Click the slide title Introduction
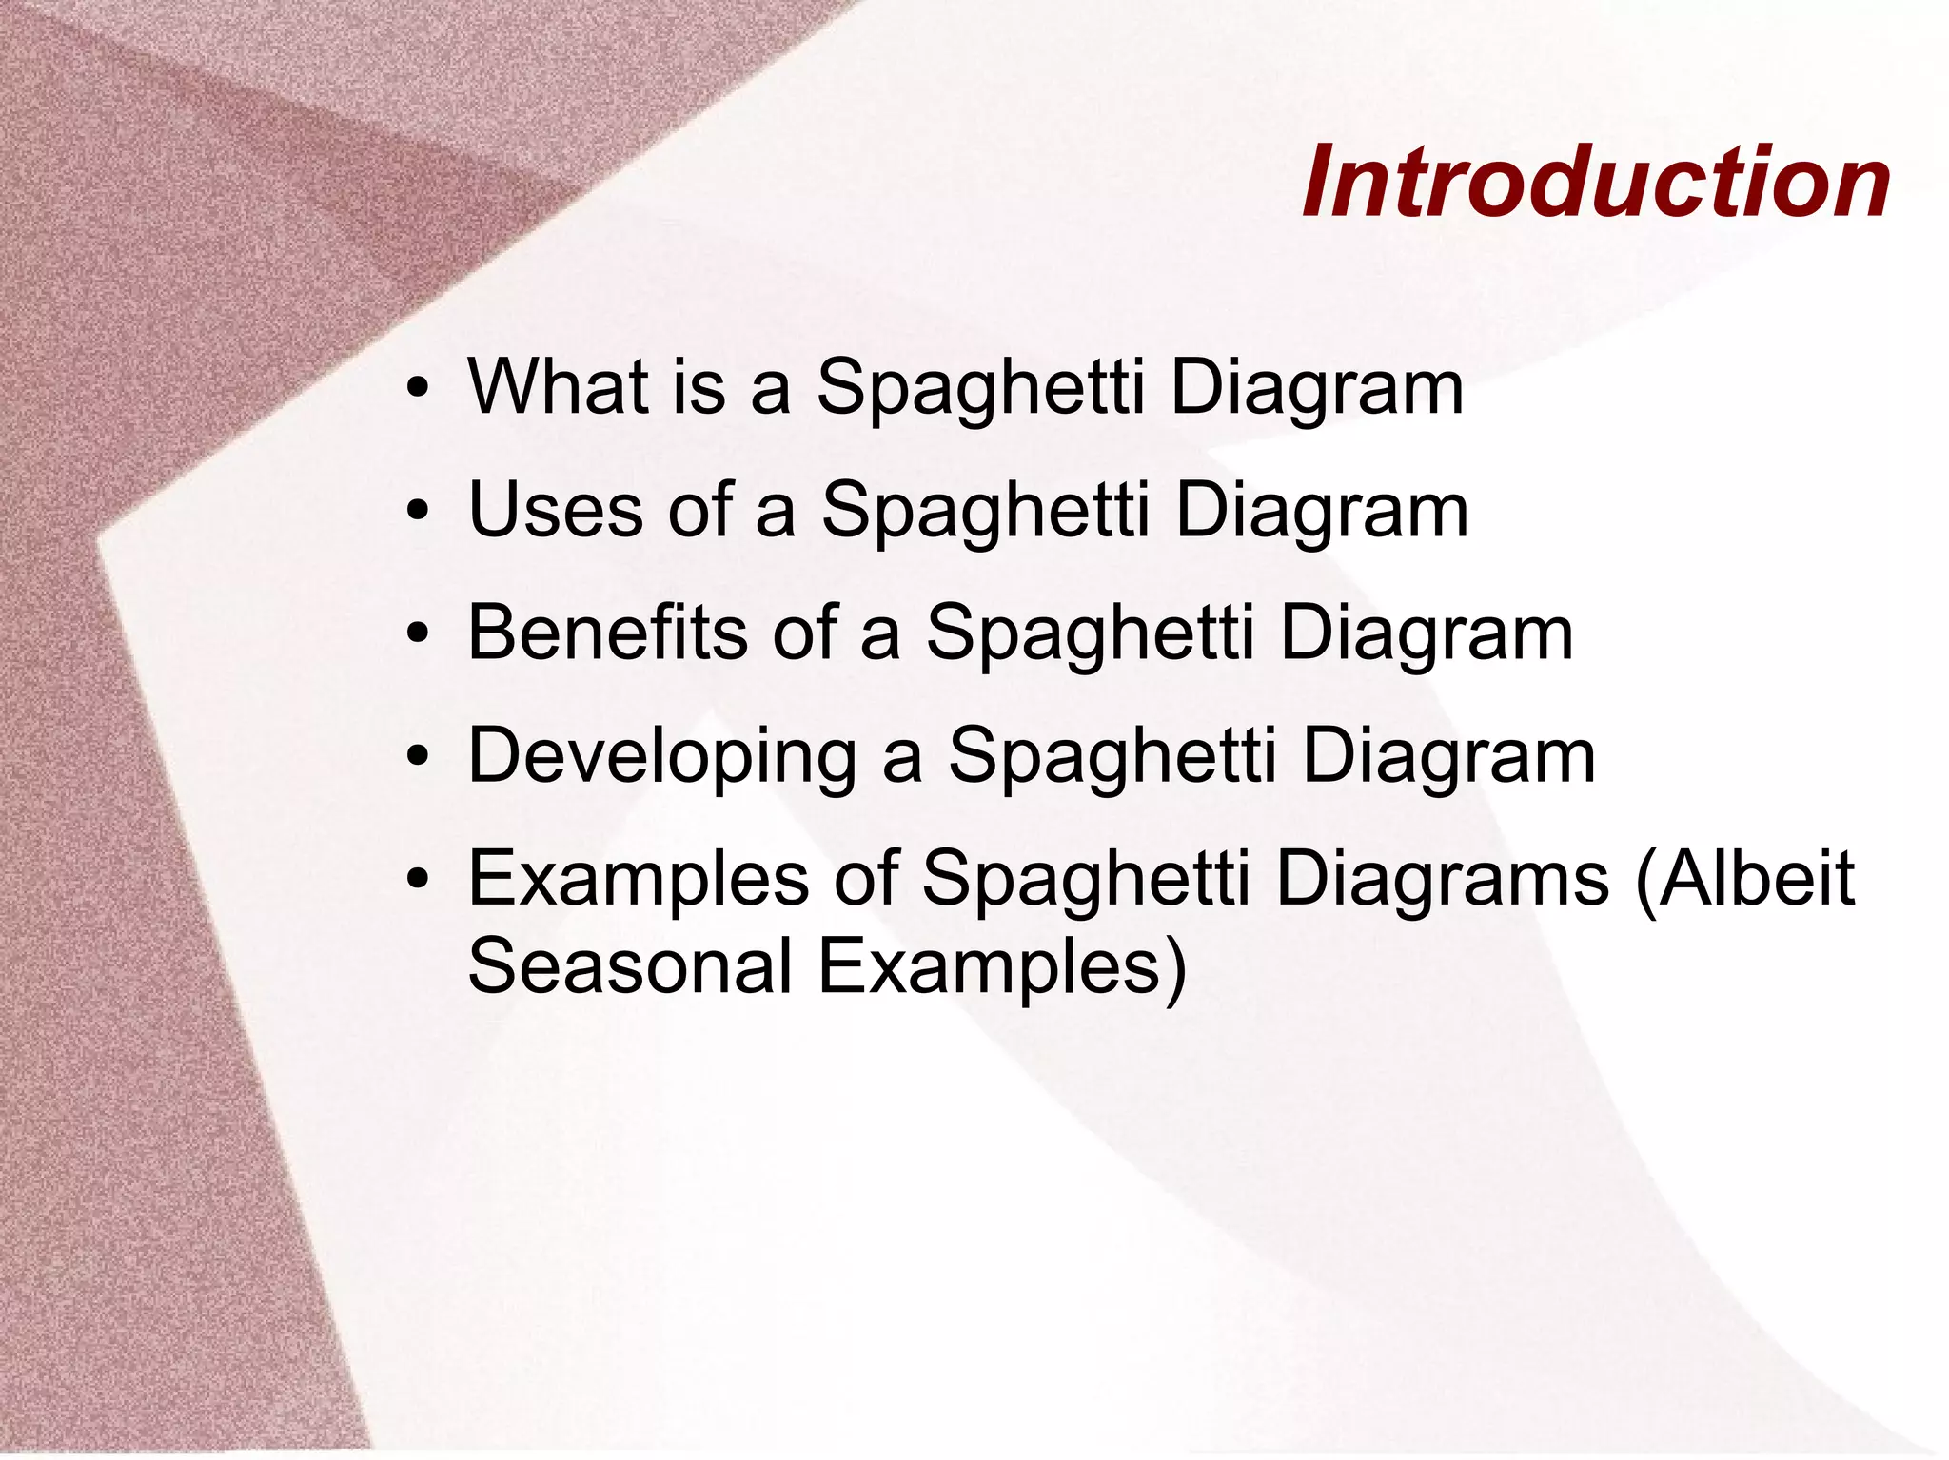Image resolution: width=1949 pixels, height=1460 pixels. (x=1596, y=183)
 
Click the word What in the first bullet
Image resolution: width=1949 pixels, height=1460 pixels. (x=558, y=387)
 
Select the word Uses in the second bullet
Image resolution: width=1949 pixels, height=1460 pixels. (x=555, y=510)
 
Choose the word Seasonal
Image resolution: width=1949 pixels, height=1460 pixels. (x=630, y=966)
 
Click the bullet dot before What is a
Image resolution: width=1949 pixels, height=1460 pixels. (x=416, y=391)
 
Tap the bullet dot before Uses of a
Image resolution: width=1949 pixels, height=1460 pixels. (x=416, y=514)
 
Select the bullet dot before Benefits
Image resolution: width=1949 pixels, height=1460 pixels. (x=416, y=636)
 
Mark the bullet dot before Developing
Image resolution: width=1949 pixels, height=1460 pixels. (x=416, y=759)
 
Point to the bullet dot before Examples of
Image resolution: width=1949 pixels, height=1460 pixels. (x=416, y=882)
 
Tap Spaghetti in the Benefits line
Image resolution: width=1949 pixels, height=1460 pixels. (x=1091, y=635)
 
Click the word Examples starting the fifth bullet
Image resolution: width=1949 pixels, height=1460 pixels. (x=639, y=881)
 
